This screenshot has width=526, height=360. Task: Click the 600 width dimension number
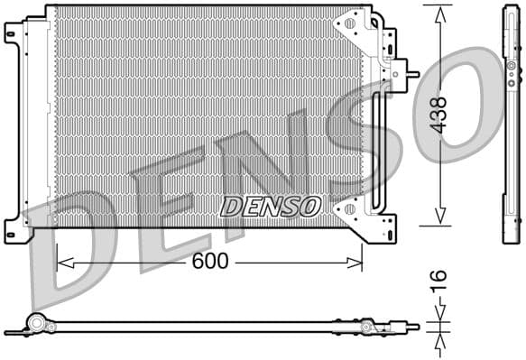(x=209, y=262)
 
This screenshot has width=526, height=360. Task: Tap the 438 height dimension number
(x=439, y=115)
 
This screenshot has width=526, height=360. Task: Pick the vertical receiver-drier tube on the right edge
(x=376, y=135)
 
